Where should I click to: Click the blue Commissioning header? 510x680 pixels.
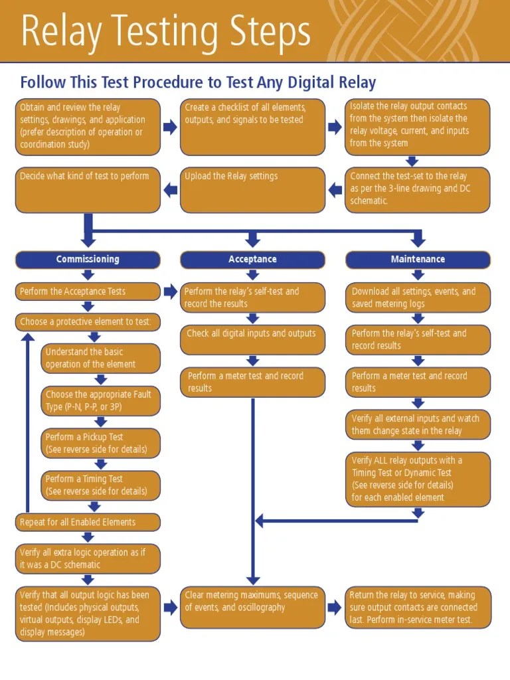(88, 260)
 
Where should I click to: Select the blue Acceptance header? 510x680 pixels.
(252, 260)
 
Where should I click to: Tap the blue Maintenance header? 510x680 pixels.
(418, 260)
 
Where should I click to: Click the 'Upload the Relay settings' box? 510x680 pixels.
(252, 190)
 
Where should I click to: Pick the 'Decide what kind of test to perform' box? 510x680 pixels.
(88, 190)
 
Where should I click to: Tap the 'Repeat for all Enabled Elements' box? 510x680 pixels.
(88, 522)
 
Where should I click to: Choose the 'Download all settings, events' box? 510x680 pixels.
(418, 297)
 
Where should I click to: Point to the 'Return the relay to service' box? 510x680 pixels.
(418, 607)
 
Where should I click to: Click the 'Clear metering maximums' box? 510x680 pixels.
(252, 607)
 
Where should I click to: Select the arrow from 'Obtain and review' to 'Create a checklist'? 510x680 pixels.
(170, 127)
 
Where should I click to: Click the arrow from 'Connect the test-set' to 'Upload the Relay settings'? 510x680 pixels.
(335, 191)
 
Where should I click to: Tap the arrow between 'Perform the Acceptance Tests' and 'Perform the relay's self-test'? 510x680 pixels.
(170, 292)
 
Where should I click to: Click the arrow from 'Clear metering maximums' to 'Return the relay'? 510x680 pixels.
(335, 606)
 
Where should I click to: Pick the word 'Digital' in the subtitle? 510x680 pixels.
(311, 83)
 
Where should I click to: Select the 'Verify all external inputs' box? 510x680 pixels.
(418, 425)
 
